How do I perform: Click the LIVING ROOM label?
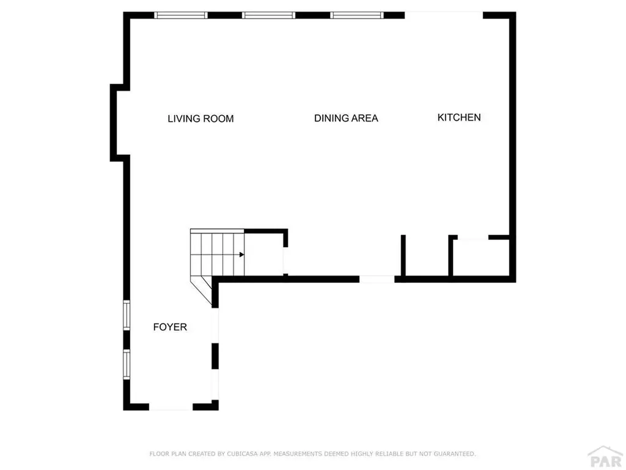201,119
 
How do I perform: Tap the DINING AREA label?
346,118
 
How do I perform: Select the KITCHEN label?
459,117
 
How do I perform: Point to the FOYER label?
170,327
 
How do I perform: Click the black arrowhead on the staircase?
242,254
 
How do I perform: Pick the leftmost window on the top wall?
180,15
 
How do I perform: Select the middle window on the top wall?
269,15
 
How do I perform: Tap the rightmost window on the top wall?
358,15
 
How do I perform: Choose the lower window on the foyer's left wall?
127,364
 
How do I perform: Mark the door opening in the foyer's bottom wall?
171,406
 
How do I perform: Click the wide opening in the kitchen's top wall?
444,15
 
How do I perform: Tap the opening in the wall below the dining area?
377,279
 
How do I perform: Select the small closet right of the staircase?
263,254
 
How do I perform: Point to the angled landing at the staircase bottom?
202,286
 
